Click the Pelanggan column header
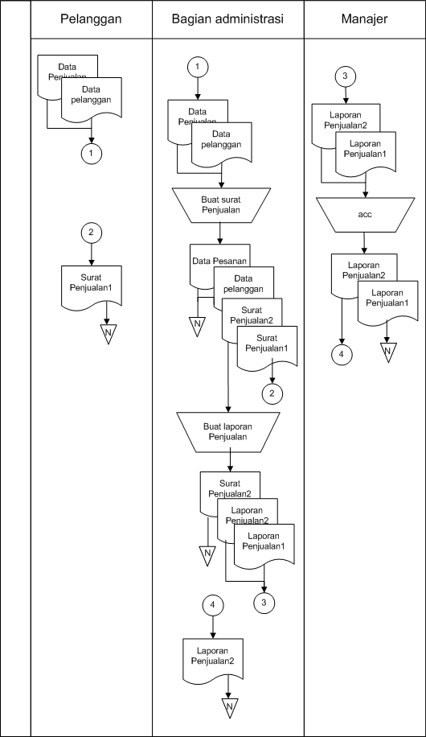[x=91, y=19]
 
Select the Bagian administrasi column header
[x=227, y=19]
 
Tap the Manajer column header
[x=364, y=19]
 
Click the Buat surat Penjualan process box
[x=219, y=204]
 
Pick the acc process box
[x=364, y=215]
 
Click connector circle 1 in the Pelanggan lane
[x=92, y=152]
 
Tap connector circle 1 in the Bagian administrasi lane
[x=198, y=68]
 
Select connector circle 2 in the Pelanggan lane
[x=92, y=233]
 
